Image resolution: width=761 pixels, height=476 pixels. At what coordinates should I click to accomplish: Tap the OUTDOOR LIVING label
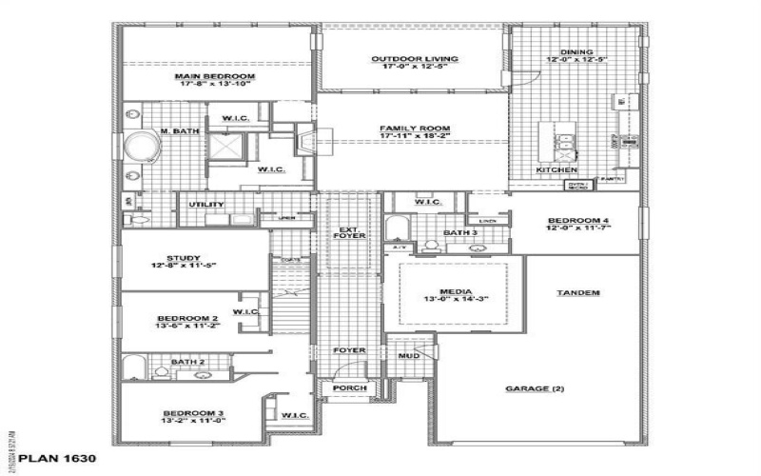(x=414, y=59)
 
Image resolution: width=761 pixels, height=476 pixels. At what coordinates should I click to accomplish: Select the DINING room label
(x=576, y=52)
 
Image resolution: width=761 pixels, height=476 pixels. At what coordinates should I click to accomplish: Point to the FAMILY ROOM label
(x=414, y=129)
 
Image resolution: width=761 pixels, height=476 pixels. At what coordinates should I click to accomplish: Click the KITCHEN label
(x=556, y=169)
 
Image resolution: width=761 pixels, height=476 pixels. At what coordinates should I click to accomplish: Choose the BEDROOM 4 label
(x=577, y=221)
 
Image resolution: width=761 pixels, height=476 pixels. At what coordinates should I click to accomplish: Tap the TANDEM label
(x=578, y=292)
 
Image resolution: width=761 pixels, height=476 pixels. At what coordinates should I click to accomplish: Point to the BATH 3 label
(x=459, y=232)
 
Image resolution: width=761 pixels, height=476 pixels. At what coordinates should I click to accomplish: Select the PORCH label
(x=342, y=389)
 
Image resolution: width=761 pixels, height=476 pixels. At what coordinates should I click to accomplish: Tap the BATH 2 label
(x=187, y=362)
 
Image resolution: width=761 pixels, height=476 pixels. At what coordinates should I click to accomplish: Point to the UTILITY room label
(x=206, y=205)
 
